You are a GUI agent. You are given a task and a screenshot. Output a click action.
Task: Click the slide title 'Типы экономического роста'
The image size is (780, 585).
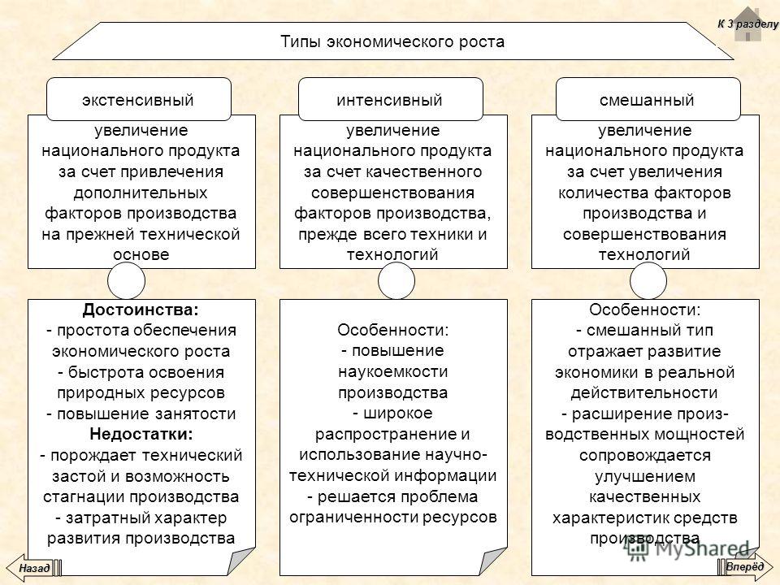click(x=392, y=41)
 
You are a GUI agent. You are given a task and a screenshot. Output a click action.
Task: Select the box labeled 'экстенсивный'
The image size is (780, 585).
click(x=139, y=99)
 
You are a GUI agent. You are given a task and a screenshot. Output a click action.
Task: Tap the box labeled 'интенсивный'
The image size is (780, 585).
click(x=391, y=99)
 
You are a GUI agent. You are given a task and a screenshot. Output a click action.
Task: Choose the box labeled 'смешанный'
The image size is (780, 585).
click(x=648, y=99)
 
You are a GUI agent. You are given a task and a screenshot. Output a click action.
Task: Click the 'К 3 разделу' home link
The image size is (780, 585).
click(x=748, y=24)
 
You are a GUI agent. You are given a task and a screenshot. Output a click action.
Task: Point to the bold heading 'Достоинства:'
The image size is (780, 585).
click(x=141, y=310)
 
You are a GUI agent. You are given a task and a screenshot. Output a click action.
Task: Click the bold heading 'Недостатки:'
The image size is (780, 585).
click(x=141, y=434)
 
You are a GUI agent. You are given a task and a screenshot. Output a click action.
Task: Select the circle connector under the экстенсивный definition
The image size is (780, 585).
click(x=127, y=281)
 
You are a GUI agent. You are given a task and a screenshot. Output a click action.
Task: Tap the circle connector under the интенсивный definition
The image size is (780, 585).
click(x=396, y=281)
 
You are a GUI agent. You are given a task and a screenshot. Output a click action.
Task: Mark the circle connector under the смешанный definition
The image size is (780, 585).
click(x=648, y=281)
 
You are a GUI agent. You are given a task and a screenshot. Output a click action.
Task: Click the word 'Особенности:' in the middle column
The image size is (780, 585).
click(x=393, y=330)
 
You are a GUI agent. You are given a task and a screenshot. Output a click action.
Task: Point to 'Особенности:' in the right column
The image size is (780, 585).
click(x=644, y=310)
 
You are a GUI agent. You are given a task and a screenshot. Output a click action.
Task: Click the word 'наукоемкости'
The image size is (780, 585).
click(x=393, y=371)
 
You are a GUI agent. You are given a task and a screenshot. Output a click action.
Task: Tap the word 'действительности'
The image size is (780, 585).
click(x=644, y=392)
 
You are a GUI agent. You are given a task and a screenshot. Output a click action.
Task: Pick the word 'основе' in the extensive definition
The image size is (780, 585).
click(x=141, y=254)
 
